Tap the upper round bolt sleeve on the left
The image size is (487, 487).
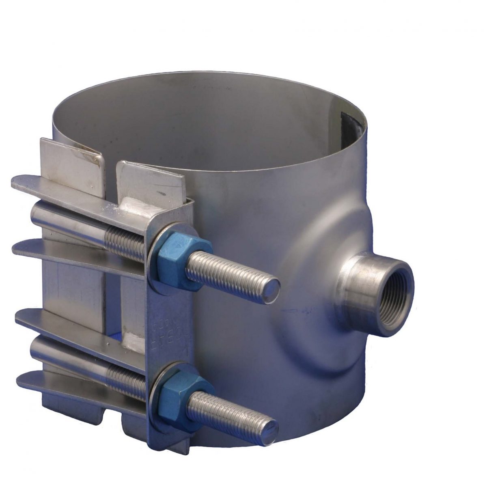click(x=69, y=219)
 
